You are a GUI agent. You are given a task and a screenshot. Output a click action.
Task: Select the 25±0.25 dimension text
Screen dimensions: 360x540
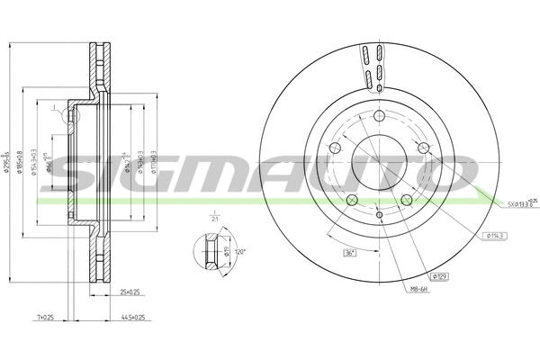[x=130, y=292]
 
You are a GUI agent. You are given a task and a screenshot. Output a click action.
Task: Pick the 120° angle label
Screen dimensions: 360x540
[x=240, y=254]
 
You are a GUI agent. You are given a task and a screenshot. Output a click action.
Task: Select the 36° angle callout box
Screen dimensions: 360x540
[x=350, y=253]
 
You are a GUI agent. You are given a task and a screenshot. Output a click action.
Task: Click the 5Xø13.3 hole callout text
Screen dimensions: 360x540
[x=517, y=203]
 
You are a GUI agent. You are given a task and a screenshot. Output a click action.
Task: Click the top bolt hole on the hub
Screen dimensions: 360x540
[x=380, y=115]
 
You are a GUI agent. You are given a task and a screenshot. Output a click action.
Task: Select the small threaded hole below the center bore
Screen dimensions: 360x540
[x=380, y=214]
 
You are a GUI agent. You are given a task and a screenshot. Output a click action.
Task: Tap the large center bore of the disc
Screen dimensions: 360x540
[x=380, y=166]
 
